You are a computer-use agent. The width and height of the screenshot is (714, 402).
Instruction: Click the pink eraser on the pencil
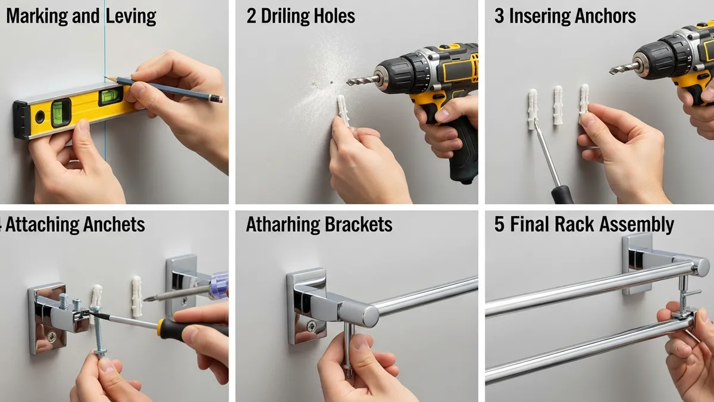(218, 98)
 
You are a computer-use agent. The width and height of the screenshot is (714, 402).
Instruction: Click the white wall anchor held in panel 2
(344, 110)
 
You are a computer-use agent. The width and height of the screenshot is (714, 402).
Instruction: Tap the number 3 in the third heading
(499, 16)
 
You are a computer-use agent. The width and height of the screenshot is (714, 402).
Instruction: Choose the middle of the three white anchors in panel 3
(558, 105)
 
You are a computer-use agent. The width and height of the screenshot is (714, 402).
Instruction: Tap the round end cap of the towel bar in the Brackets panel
(369, 314)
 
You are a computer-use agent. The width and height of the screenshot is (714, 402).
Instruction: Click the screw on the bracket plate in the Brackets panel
(309, 325)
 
